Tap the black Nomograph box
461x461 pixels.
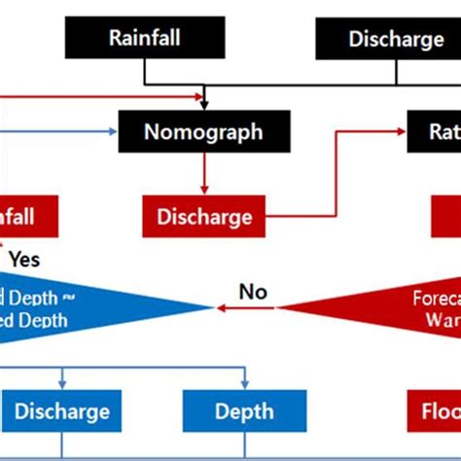pyautogui.click(x=203, y=130)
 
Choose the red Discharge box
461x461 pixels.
pyautogui.click(x=203, y=217)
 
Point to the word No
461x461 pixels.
pyautogui.click(x=253, y=291)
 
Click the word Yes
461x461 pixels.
pyautogui.click(x=24, y=260)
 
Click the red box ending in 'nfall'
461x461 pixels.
pyautogui.click(x=24, y=217)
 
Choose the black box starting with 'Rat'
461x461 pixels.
pyautogui.click(x=433, y=130)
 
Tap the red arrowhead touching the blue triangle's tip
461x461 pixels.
pyautogui.click(x=220, y=307)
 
